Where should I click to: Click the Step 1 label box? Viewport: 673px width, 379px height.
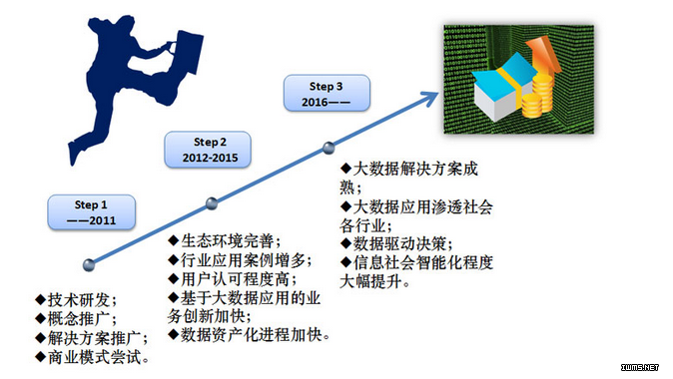[92, 212]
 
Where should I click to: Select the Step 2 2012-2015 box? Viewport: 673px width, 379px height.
[208, 150]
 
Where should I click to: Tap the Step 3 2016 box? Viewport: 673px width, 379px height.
[327, 93]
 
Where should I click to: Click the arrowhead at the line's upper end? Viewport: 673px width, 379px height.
[429, 99]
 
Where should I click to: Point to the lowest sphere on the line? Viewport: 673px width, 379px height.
[89, 265]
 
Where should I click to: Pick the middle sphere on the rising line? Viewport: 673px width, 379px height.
[212, 203]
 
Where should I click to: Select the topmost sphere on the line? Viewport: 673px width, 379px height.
[329, 148]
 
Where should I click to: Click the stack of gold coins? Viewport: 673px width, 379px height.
[537, 97]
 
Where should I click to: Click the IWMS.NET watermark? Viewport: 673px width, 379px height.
[639, 367]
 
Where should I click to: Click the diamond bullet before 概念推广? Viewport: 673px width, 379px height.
[41, 318]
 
